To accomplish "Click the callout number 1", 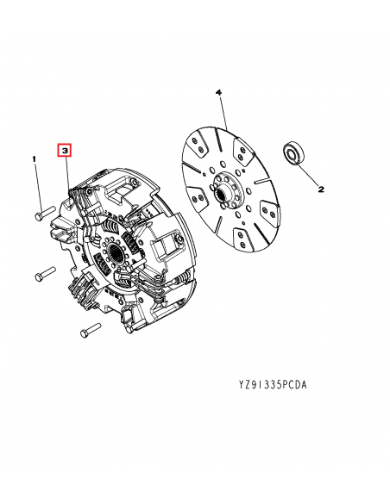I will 35,159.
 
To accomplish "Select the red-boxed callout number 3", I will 65,151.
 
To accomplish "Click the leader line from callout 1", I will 39,186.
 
